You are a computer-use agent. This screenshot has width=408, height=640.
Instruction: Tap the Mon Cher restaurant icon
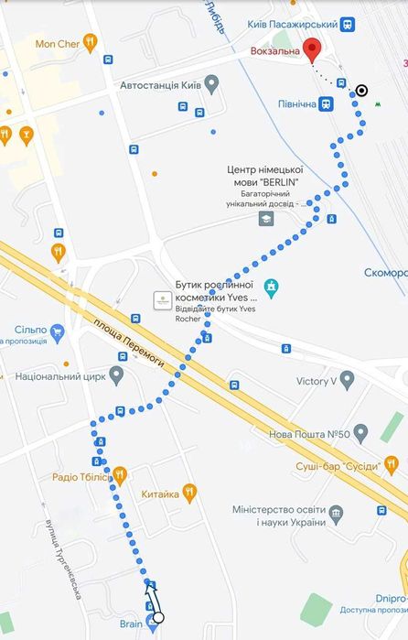point(89,41)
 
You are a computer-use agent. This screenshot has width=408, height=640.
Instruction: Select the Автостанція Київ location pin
point(212,85)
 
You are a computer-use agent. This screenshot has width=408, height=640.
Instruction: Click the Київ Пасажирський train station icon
point(348,25)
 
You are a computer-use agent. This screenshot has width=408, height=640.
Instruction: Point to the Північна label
point(297,103)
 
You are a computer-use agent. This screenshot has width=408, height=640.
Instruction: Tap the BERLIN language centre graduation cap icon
point(265,217)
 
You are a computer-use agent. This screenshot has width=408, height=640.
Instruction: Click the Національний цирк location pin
point(116,374)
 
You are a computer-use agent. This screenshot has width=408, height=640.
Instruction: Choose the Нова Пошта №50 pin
point(360,431)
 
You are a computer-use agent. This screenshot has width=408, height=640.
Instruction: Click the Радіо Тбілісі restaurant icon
point(119,475)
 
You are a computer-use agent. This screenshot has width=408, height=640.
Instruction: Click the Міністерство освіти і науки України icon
point(336,513)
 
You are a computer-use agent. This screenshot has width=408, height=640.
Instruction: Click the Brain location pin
point(152,625)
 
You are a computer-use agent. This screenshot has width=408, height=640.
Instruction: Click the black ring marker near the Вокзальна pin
point(362,90)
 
